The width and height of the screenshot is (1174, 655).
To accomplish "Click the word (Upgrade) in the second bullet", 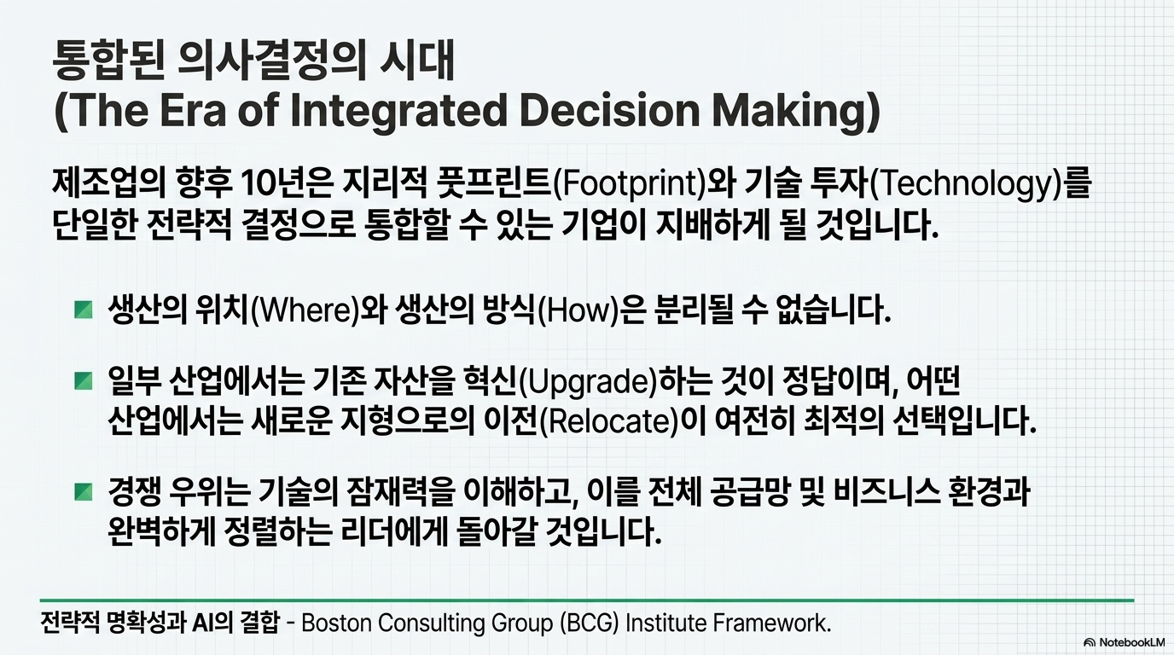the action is (588, 384).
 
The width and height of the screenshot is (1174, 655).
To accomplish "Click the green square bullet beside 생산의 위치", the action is (84, 310).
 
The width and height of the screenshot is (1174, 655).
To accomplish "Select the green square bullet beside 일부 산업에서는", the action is (84, 381).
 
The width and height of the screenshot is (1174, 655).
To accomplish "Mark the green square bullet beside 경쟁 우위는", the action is (84, 492).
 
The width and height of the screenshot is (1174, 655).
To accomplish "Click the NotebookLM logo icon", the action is (1089, 642).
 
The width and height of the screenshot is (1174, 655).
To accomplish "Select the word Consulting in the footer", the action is (432, 623).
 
